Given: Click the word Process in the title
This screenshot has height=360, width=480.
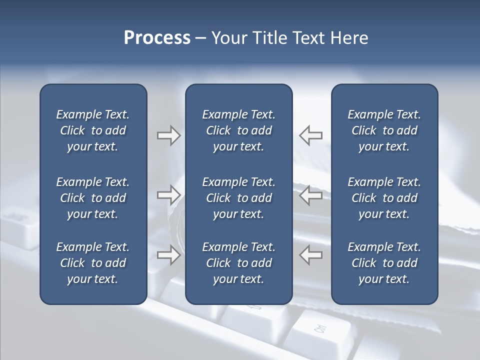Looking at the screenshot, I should click(157, 38).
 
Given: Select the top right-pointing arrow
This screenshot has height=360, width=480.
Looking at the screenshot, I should click(168, 135).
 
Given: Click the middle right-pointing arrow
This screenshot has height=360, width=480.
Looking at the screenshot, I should click(168, 195).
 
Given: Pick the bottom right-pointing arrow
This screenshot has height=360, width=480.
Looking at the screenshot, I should click(168, 254).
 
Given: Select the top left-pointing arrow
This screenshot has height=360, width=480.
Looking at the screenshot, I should click(311, 135).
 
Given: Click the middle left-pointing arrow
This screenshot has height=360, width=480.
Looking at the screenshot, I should click(311, 195).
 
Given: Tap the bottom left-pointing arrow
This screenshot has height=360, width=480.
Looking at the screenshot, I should click(311, 254).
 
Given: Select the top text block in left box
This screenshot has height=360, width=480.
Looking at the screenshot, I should click(93, 130).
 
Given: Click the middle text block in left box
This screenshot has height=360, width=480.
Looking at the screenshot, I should click(93, 198).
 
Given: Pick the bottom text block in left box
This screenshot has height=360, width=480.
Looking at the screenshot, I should click(93, 263).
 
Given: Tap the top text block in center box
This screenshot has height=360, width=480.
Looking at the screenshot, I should click(238, 130).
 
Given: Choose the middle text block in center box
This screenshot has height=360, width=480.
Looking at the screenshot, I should click(238, 198).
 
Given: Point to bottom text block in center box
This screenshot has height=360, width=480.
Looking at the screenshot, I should click(238, 263).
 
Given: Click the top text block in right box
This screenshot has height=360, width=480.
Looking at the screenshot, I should click(384, 130).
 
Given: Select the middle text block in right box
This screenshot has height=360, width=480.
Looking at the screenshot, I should click(384, 198).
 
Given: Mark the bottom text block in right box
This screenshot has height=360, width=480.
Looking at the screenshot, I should click(384, 263).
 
